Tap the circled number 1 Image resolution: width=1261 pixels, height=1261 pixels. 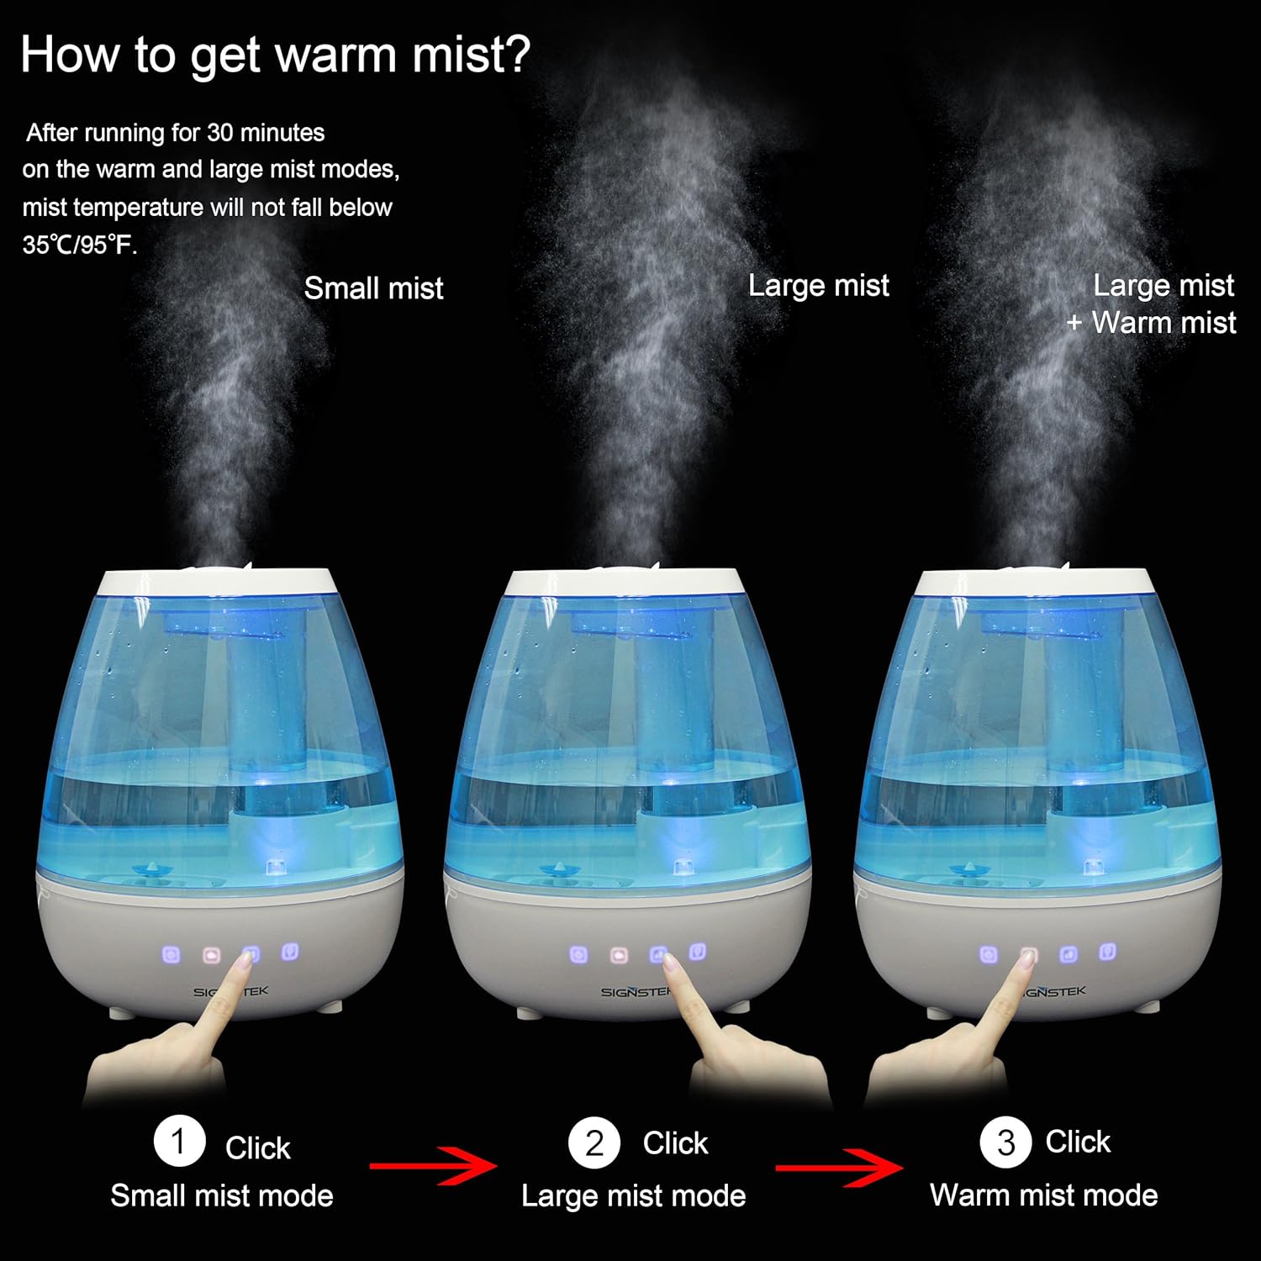point(179,1141)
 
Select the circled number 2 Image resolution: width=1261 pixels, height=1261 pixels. point(594,1142)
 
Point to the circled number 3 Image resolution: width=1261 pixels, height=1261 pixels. point(1005,1142)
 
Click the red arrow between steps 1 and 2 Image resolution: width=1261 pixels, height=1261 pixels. point(433,1165)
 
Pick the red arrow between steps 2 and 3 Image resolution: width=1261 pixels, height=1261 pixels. point(838,1167)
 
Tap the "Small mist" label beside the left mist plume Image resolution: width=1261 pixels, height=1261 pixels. point(373,288)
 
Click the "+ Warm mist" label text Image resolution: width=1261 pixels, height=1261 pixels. point(1152,323)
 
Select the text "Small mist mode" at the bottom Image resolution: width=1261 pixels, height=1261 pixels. point(222,1195)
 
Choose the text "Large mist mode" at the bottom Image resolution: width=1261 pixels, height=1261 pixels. point(633,1195)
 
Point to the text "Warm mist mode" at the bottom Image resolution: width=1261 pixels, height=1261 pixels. point(1043,1195)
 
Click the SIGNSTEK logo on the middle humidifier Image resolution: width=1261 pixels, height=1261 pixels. point(635,992)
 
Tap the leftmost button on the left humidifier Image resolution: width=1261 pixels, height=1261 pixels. point(171,955)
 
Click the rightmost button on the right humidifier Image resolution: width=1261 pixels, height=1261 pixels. point(1108,952)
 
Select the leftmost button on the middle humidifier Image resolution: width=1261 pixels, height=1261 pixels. point(578,954)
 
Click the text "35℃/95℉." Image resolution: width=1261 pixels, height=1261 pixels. point(80,245)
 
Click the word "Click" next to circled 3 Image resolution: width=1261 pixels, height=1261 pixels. point(1078,1142)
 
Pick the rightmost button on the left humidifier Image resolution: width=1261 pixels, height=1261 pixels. point(290,952)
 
